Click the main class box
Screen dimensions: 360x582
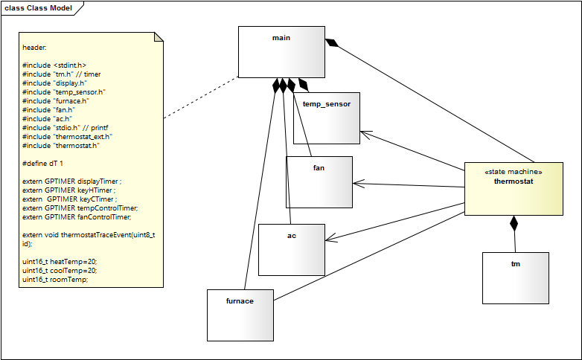click(281, 52)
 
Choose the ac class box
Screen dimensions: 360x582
click(291, 248)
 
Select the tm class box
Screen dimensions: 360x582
click(515, 277)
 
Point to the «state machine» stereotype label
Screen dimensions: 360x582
click(514, 172)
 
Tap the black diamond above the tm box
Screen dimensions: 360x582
click(514, 223)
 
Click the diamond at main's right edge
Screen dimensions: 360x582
click(332, 43)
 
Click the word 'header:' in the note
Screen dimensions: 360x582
click(34, 47)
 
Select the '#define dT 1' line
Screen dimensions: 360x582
click(43, 162)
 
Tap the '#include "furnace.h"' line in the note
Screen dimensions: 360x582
click(56, 100)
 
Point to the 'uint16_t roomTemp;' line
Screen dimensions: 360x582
click(55, 280)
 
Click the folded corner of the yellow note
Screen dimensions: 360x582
click(158, 38)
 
